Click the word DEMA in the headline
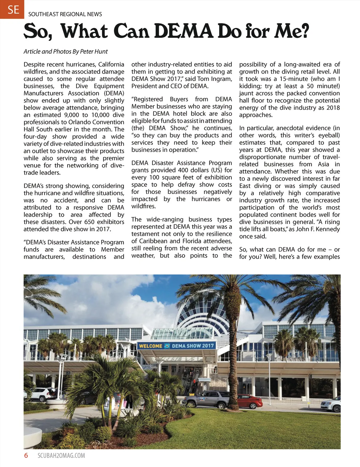(184, 31)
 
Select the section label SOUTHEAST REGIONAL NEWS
(65, 14)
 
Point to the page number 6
(26, 455)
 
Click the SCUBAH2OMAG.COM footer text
(61, 456)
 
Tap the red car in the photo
(250, 401)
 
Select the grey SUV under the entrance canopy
(206, 399)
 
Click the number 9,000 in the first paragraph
(71, 115)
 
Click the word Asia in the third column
(323, 164)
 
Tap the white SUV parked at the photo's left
(40, 394)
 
